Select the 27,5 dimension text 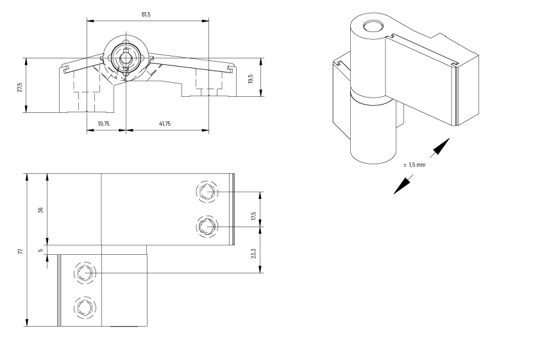tap(20, 86)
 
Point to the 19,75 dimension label tap(104, 124)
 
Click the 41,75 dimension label tap(164, 124)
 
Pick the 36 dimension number tap(41, 210)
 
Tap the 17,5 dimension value tap(254, 217)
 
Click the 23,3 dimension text tap(254, 254)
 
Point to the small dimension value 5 tap(41, 251)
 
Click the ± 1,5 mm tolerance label tap(414, 165)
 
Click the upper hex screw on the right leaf tap(207, 192)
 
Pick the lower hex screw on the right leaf tap(207, 226)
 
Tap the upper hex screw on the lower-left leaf tap(83, 273)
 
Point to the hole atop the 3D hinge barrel tap(372, 26)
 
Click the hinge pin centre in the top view tap(126, 55)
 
